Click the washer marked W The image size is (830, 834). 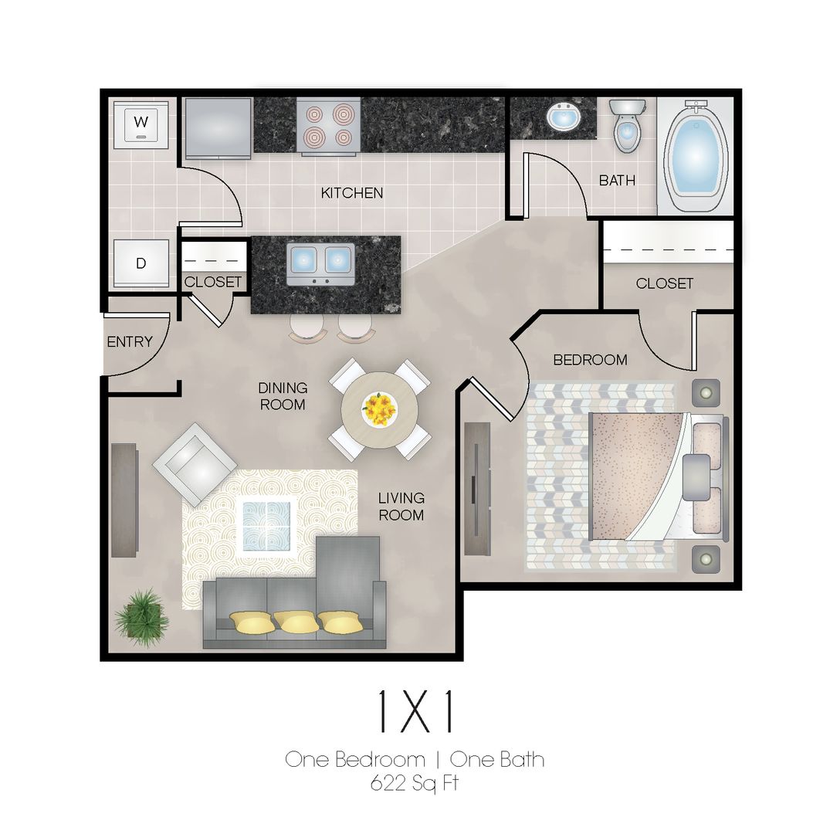click(x=141, y=124)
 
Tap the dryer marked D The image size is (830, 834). click(x=141, y=263)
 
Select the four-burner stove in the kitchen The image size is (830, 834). click(x=329, y=126)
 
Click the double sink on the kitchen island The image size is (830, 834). click(x=320, y=263)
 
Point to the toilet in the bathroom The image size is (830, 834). click(x=625, y=126)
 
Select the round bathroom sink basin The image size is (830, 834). click(x=564, y=118)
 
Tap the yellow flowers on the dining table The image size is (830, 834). click(x=379, y=407)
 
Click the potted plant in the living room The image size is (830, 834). click(x=142, y=617)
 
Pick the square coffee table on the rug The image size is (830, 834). click(x=266, y=526)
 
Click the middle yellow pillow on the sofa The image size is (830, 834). click(x=296, y=622)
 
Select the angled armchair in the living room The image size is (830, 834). click(x=195, y=464)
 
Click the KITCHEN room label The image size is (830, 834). click(x=352, y=193)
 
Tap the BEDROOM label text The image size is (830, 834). click(x=590, y=360)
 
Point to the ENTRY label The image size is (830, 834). click(x=130, y=341)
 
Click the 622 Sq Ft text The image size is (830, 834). click(x=414, y=783)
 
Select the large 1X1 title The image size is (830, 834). click(x=414, y=713)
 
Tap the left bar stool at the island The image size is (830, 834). click(x=307, y=327)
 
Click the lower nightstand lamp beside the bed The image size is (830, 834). click(x=705, y=558)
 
